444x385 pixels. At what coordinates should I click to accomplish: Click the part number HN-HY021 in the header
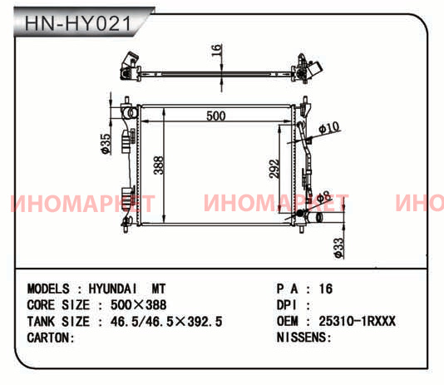tap(78, 23)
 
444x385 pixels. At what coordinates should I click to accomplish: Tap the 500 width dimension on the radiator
tap(216, 116)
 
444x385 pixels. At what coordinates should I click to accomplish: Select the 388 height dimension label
tap(159, 165)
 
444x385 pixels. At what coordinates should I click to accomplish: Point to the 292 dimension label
tap(274, 169)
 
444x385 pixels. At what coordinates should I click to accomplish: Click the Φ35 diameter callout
tap(106, 144)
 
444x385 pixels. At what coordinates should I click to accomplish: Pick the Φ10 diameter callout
tap(329, 127)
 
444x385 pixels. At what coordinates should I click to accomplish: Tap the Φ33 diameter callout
tap(338, 248)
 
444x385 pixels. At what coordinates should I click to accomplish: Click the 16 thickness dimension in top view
tap(216, 50)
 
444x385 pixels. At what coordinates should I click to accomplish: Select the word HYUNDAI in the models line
tap(113, 289)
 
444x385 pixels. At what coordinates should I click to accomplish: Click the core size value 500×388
tap(139, 305)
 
